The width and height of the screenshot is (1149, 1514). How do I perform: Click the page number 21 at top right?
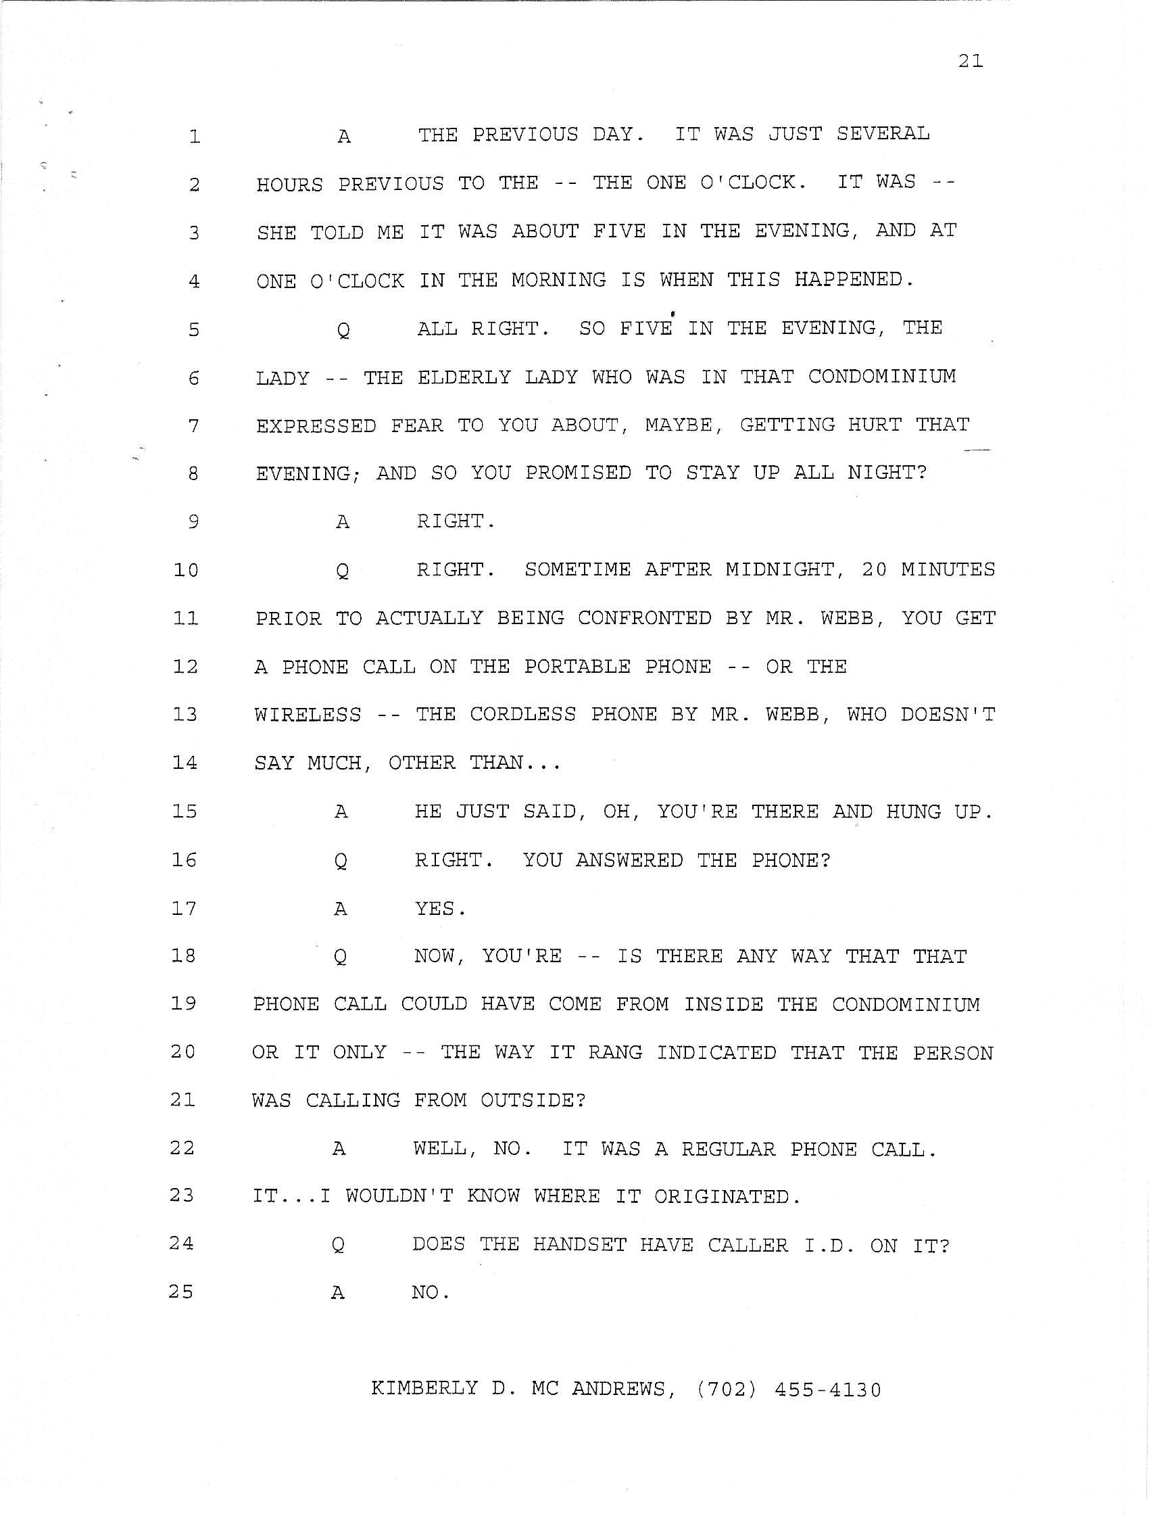point(971,62)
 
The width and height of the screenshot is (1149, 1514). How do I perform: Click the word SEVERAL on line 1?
point(883,133)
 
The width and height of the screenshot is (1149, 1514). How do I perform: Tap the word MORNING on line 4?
point(558,280)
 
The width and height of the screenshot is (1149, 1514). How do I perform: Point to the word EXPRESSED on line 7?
point(316,426)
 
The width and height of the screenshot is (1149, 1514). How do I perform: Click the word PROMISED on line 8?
point(579,473)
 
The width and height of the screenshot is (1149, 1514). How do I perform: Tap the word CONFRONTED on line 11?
point(645,618)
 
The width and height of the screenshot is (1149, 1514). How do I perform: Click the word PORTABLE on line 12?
point(578,667)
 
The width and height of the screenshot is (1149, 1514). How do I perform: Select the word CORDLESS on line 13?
point(523,715)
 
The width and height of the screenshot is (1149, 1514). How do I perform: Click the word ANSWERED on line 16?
point(629,860)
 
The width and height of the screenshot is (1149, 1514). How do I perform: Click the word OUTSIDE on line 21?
point(533,1101)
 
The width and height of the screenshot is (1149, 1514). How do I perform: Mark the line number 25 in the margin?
point(181,1292)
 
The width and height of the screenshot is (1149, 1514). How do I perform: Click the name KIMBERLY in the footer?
point(424,1389)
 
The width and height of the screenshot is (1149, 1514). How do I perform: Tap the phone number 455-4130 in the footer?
point(828,1390)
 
